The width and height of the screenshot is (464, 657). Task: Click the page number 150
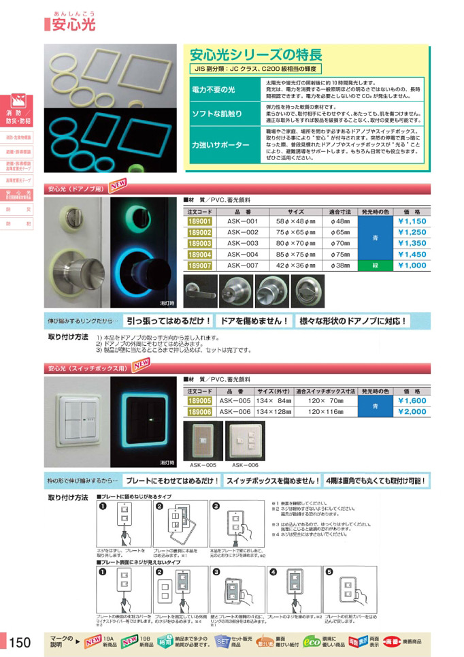20,642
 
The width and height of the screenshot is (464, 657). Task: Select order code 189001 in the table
199,221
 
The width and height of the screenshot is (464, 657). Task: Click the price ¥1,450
411,255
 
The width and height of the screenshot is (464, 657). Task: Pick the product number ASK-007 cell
243,266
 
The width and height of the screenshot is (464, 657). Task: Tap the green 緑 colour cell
376,266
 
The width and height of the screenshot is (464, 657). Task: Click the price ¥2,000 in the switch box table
411,412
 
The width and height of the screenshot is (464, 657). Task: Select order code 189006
199,412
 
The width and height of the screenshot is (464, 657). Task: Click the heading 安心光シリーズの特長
255,54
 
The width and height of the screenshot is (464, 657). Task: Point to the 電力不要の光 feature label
212,89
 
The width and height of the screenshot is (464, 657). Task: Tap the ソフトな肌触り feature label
212,114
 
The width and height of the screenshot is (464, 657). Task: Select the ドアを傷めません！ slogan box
254,321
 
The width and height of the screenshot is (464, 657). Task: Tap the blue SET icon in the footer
222,641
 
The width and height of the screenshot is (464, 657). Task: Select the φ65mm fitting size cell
339,232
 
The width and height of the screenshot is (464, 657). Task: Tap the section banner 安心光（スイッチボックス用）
86,368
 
